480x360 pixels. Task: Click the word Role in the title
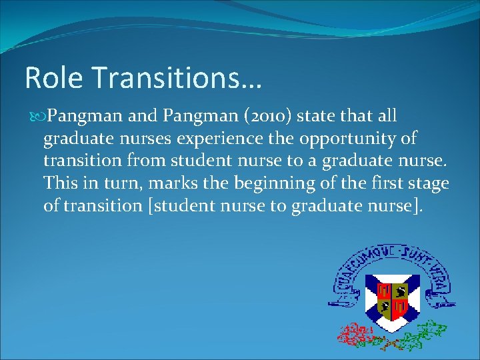[53, 78]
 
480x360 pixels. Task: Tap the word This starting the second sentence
[59, 183]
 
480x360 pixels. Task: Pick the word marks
[161, 183]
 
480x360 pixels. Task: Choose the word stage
[430, 183]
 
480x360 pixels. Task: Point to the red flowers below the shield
[355, 332]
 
